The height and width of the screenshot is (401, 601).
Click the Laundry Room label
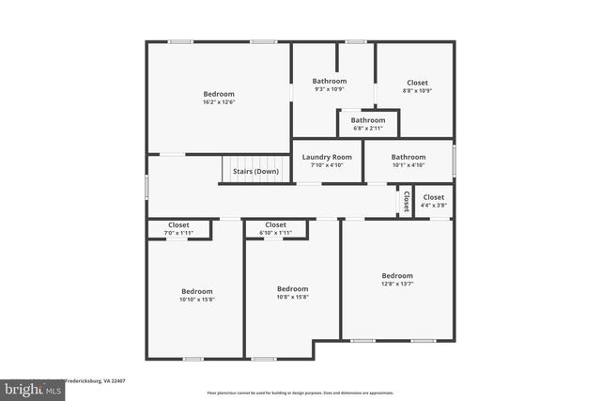pos(327,157)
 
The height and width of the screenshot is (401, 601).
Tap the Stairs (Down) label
pos(255,172)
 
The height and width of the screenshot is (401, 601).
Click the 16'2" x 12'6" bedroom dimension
pos(218,102)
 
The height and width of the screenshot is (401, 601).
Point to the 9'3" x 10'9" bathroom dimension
pos(329,90)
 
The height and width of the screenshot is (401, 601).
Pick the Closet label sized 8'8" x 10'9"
pos(417,82)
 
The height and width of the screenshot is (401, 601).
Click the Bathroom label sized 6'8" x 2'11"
pos(368,120)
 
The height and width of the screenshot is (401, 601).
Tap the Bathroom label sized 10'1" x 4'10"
pos(408,157)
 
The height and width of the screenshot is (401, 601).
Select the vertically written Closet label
pos(406,201)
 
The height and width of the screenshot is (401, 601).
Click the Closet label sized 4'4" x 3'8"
pos(434,197)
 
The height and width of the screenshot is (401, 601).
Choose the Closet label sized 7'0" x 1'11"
pos(178,224)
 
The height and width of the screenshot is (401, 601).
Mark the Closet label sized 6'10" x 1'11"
pos(275,224)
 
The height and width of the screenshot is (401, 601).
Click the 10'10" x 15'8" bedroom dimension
pos(197,300)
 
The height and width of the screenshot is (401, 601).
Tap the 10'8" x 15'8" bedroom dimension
pos(292,297)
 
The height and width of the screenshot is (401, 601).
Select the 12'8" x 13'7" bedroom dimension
pos(397,284)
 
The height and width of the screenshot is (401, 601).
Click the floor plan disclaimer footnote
pos(300,393)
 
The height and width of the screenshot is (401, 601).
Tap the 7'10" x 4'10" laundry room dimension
pos(327,165)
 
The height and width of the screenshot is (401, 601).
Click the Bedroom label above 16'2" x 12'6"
pos(218,94)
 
